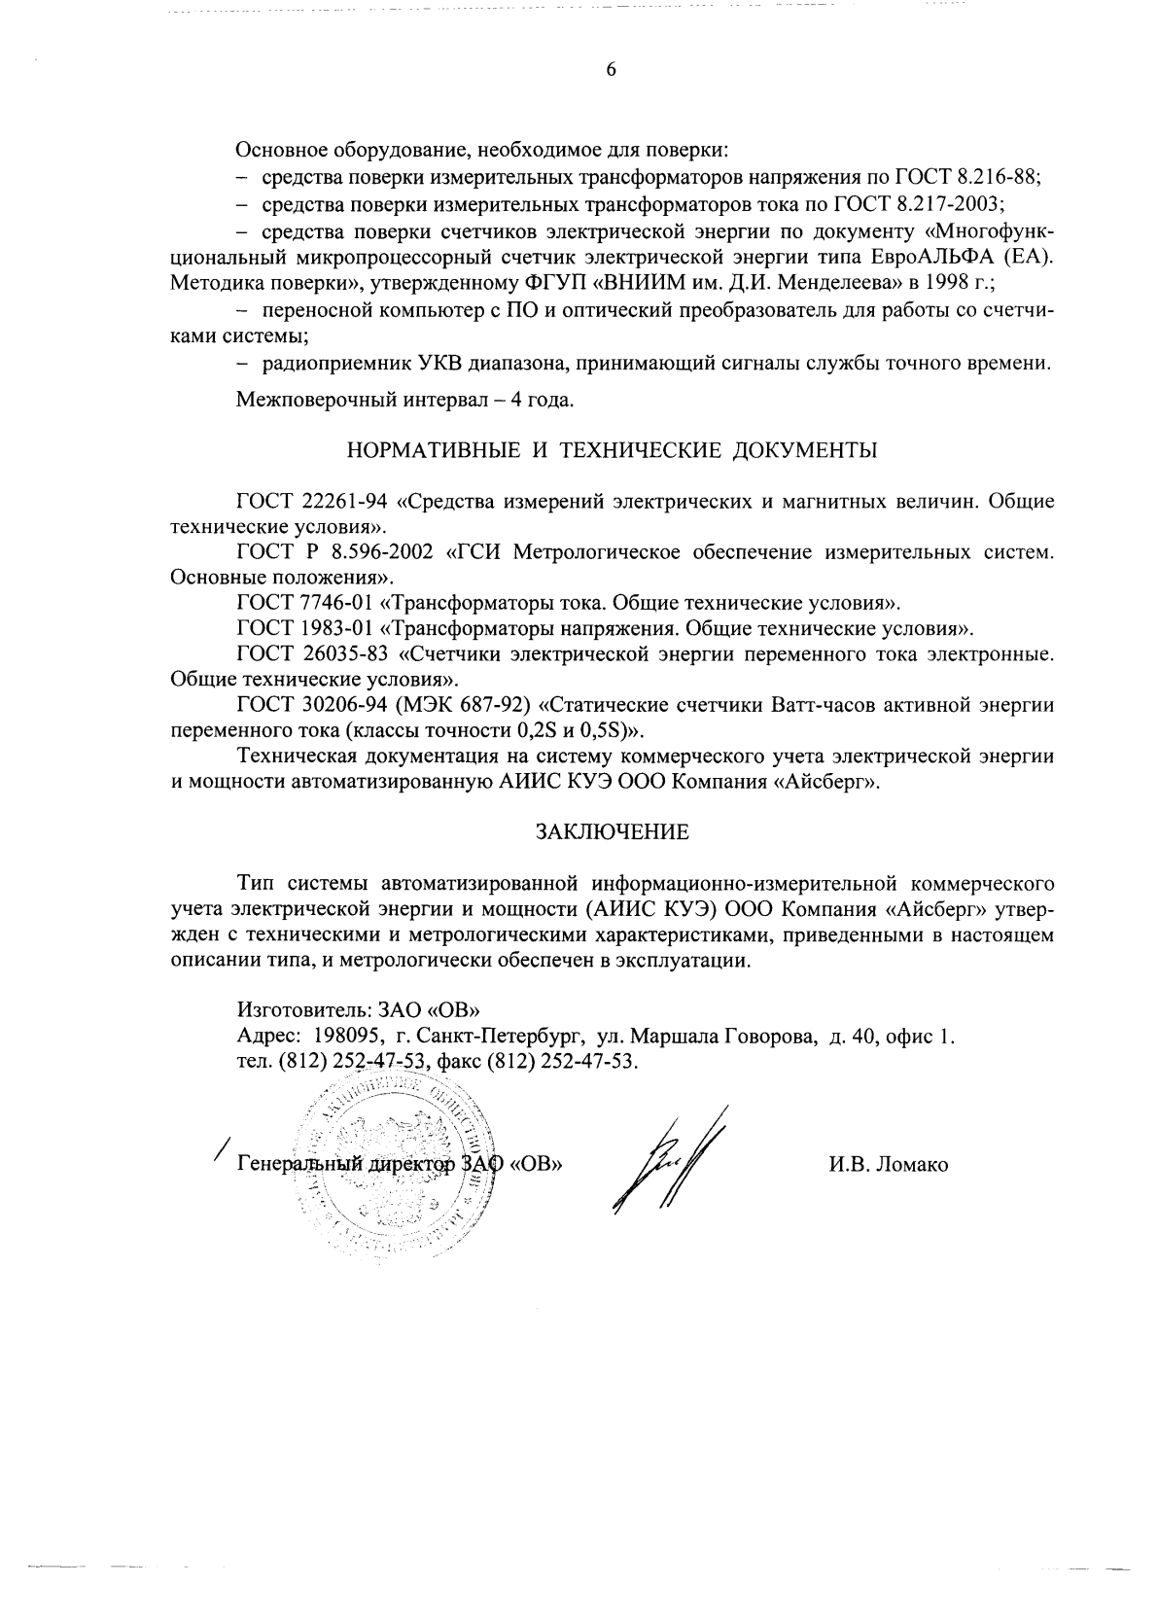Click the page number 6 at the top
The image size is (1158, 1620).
(x=612, y=69)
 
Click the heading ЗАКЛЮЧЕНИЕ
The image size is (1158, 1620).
(x=613, y=832)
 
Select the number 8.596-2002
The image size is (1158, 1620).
(x=374, y=553)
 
